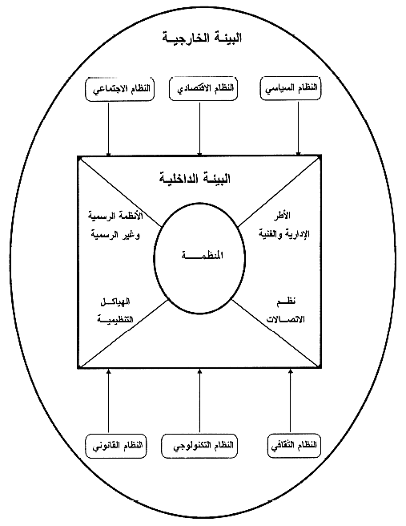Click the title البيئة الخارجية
[202, 37]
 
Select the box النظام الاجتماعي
[119, 89]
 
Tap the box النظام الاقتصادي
[203, 88]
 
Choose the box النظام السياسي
[291, 88]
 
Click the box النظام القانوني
[116, 446]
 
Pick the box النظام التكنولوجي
[199, 446]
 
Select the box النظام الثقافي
[294, 446]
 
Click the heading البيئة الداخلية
[195, 178]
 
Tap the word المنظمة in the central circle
[203, 256]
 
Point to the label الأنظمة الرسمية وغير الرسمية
[115, 225]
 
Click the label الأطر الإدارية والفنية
[284, 225]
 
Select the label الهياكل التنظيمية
[115, 311]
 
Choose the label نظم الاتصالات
[285, 310]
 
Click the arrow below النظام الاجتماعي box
[109, 129]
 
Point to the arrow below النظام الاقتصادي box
[199, 129]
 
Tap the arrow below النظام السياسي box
[298, 128]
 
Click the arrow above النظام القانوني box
[108, 401]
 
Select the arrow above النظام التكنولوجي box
[199, 401]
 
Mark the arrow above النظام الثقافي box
[291, 401]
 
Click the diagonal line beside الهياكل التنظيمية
[124, 333]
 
